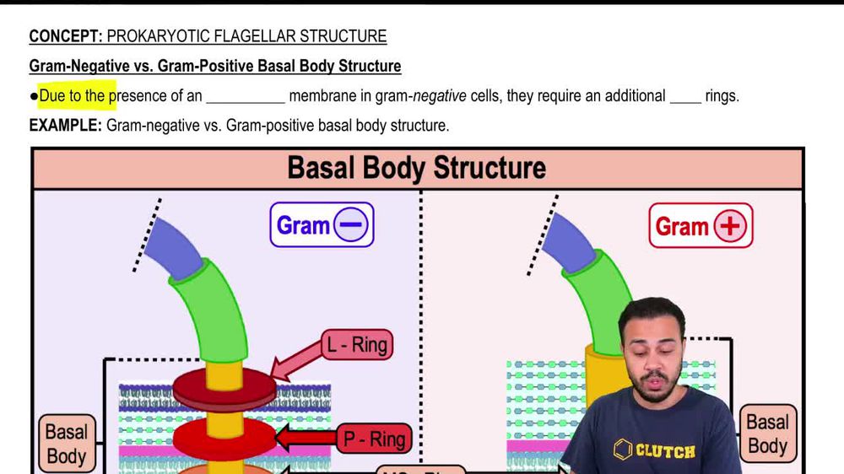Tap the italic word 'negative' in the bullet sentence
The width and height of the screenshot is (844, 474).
pyautogui.click(x=439, y=96)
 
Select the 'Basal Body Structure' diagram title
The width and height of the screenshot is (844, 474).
pyautogui.click(x=416, y=168)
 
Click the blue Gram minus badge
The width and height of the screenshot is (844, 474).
pyautogui.click(x=322, y=224)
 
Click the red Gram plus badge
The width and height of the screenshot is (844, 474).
pyautogui.click(x=701, y=225)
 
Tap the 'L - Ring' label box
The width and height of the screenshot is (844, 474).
pyautogui.click(x=358, y=345)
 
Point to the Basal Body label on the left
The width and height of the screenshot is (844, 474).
pyautogui.click(x=67, y=444)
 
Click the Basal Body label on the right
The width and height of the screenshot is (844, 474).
pyautogui.click(x=766, y=434)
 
